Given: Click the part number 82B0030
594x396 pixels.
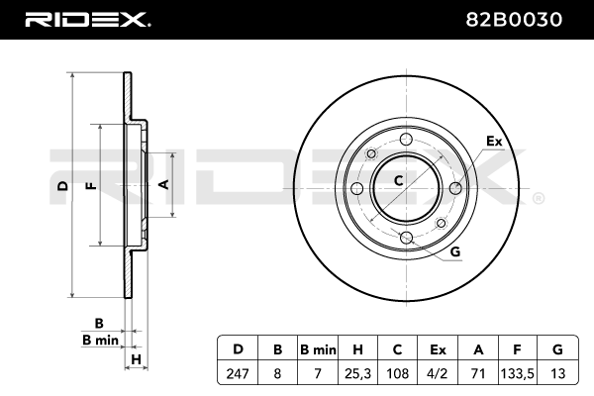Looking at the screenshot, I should tap(529, 18).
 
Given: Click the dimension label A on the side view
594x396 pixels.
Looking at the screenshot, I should tap(164, 184).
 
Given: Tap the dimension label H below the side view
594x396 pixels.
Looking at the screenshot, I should tap(138, 358).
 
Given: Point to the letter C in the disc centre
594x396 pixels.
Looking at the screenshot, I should tap(398, 180).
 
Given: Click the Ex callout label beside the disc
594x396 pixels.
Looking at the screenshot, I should tap(494, 142).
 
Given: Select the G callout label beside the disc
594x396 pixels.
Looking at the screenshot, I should tap(454, 252).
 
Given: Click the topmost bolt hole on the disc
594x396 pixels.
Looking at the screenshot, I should tap(369, 154).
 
